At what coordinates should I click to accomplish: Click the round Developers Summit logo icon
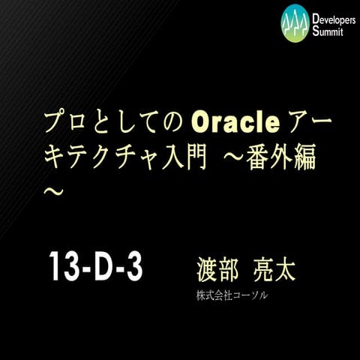(x=295, y=23)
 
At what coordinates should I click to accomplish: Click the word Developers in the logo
(x=333, y=17)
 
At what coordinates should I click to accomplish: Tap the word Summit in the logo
(x=328, y=31)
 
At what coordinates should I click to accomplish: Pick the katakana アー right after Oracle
(x=310, y=119)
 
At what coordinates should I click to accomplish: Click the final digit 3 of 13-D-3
(x=132, y=267)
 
